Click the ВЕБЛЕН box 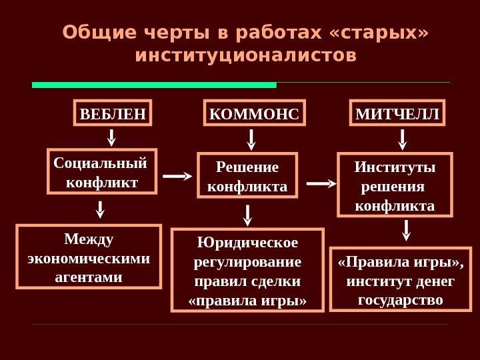112,114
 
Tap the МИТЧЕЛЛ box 397,114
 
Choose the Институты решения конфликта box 395,185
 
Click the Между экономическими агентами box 89,257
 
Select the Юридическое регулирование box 247,270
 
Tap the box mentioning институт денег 400,279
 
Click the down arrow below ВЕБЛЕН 112,137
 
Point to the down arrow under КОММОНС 252,139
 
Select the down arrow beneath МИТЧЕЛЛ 403,139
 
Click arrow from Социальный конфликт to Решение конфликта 177,177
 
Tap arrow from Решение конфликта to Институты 321,183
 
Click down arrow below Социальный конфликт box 101,209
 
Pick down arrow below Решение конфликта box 248,214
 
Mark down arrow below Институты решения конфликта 407,230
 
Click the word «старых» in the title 387,32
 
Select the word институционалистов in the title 245,54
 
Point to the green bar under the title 154,85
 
